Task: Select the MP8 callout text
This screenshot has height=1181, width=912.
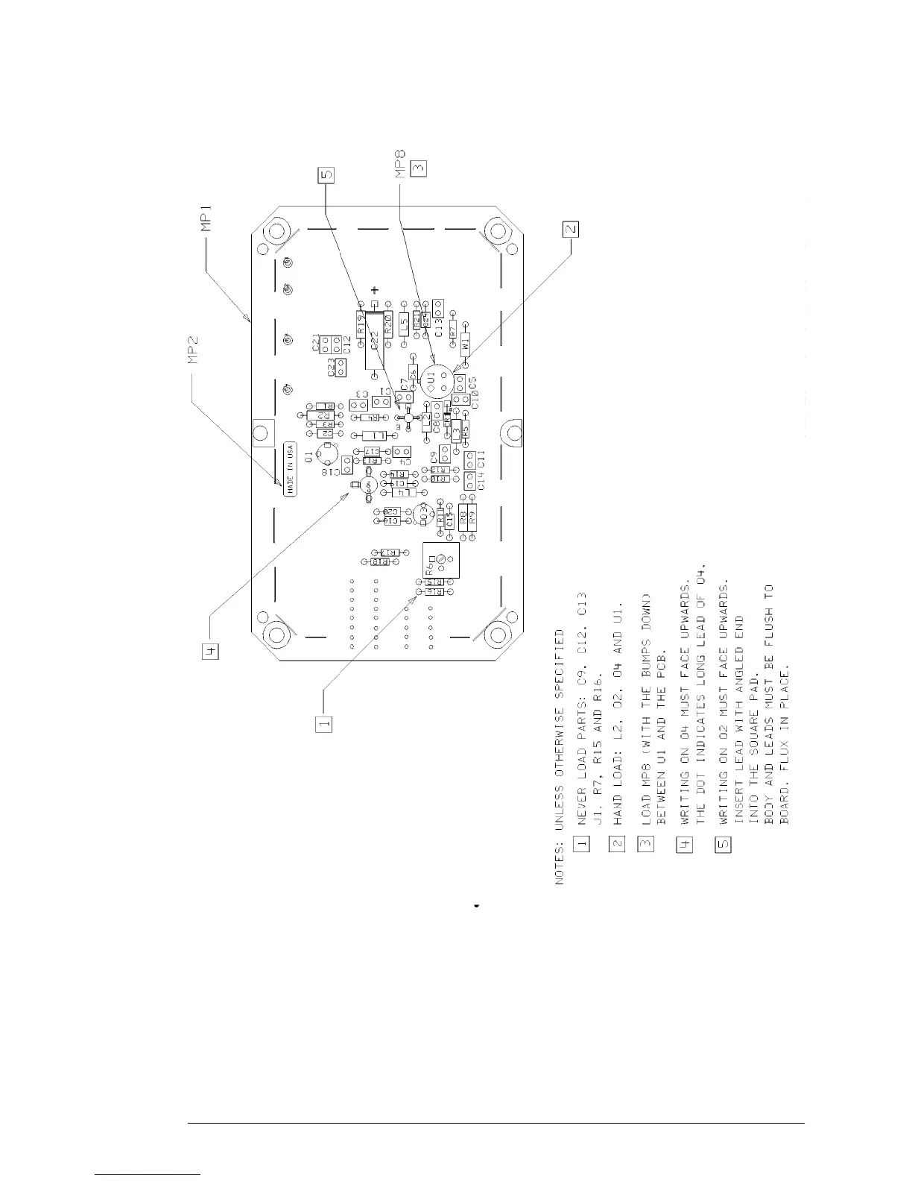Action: coord(399,165)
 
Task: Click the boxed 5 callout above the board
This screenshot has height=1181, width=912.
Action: coord(326,176)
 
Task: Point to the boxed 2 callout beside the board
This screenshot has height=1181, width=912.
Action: coord(570,230)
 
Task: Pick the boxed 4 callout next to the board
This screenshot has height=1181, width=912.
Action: coord(210,653)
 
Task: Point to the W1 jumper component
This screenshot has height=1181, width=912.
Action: coord(466,345)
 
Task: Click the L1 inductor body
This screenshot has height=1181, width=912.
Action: coord(378,435)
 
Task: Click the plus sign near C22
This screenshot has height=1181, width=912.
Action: coord(375,290)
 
